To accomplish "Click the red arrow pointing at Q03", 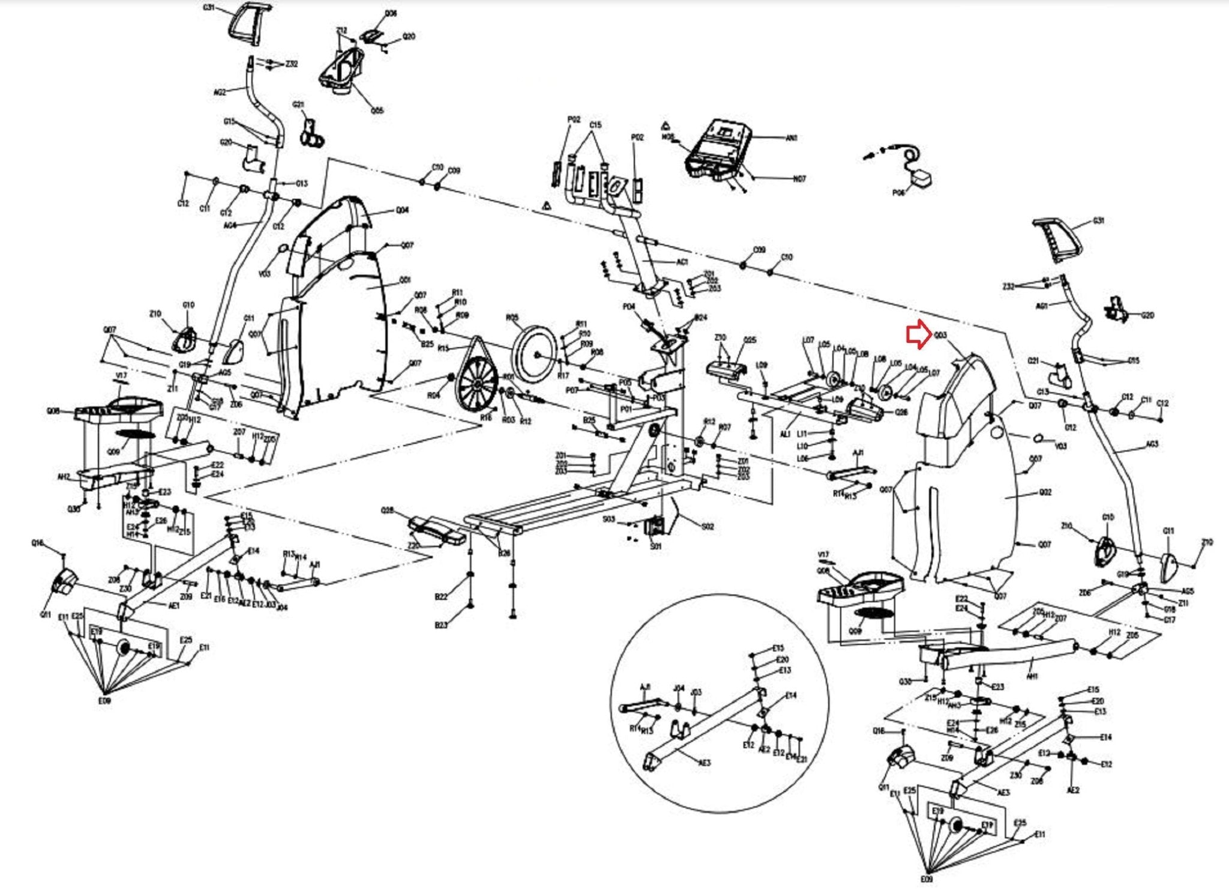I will [918, 335].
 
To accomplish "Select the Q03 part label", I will [940, 335].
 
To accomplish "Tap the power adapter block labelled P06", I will [921, 178].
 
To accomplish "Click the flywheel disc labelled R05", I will [535, 354].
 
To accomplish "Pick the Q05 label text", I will [377, 110].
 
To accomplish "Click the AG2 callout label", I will [220, 92].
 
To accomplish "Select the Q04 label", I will [402, 210].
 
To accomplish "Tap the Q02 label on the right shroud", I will [1045, 492].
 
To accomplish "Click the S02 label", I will [708, 527].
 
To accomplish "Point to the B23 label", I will [441, 625].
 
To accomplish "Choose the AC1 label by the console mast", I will [682, 262].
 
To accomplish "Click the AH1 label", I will [1032, 676].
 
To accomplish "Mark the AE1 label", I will [174, 606].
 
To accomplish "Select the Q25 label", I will [750, 340].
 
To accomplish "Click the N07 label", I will [799, 179].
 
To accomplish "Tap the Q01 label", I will [406, 280].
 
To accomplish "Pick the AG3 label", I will [1152, 444].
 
